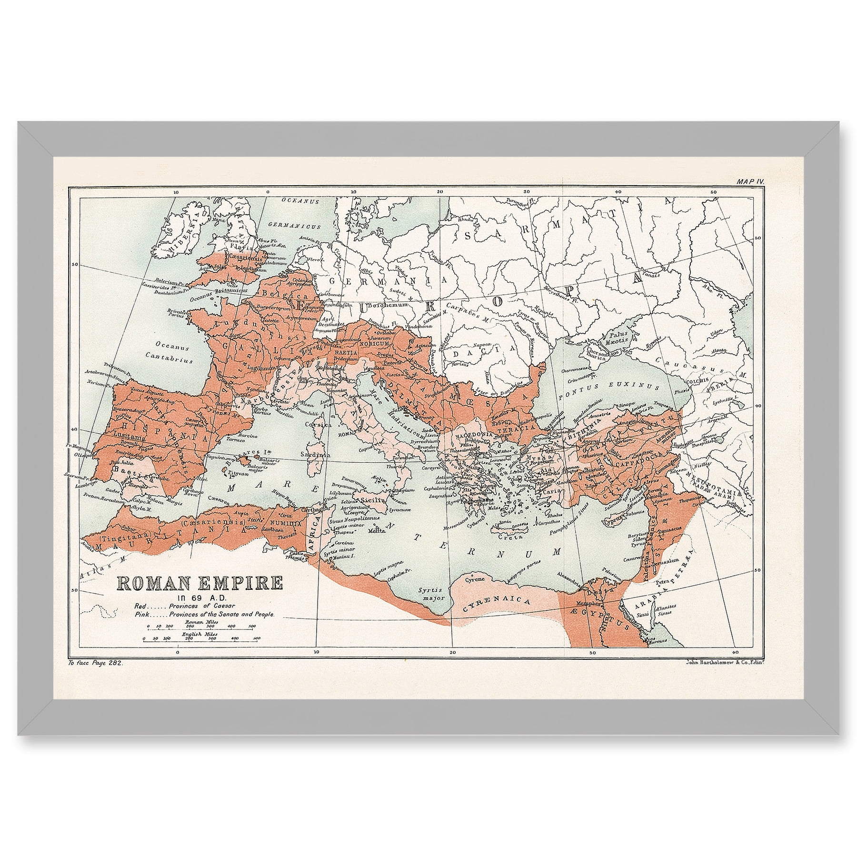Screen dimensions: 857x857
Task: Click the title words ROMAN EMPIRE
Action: (199, 584)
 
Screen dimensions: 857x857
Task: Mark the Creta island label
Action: (507, 537)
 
